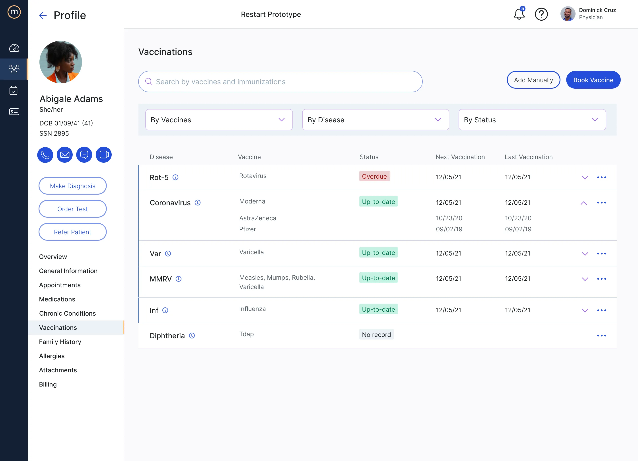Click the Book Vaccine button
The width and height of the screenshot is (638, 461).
tap(593, 80)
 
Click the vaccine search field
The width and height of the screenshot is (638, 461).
tap(280, 82)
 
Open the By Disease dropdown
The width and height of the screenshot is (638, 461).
tap(375, 120)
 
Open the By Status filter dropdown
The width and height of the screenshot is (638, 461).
tap(532, 120)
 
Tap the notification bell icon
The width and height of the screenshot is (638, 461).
tap(519, 14)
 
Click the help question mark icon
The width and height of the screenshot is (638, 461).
tap(541, 14)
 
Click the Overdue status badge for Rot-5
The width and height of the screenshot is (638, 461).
tap(374, 176)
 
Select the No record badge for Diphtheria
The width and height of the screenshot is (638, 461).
tap(376, 334)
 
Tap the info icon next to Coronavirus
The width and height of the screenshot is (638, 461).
tap(197, 203)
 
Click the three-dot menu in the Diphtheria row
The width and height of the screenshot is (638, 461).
tap(601, 336)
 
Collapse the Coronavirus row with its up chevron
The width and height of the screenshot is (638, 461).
tap(584, 203)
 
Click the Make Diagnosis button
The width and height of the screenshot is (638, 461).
tap(73, 186)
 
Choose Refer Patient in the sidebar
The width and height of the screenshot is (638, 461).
tap(73, 232)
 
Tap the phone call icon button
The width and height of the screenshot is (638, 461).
tap(45, 155)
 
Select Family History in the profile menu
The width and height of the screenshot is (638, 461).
tap(60, 342)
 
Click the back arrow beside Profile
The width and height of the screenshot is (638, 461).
tap(43, 16)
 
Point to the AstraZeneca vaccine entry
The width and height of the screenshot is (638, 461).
tap(258, 218)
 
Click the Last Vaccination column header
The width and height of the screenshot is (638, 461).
tap(528, 157)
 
